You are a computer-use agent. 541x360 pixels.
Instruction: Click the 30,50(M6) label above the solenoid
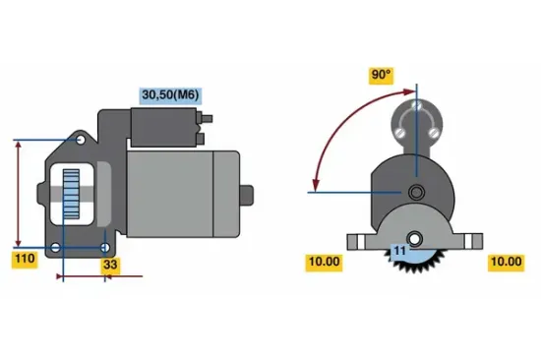[170, 93]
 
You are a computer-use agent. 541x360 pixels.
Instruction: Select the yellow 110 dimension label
[25, 260]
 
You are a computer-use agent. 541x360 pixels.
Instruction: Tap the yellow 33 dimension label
[110, 264]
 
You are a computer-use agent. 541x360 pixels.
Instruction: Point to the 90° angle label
[381, 75]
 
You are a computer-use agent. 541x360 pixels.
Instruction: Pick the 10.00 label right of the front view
[505, 262]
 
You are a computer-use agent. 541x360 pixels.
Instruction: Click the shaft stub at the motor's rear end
[247, 193]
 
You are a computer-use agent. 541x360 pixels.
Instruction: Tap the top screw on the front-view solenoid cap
[416, 104]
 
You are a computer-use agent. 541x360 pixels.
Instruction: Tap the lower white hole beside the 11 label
[416, 238]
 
